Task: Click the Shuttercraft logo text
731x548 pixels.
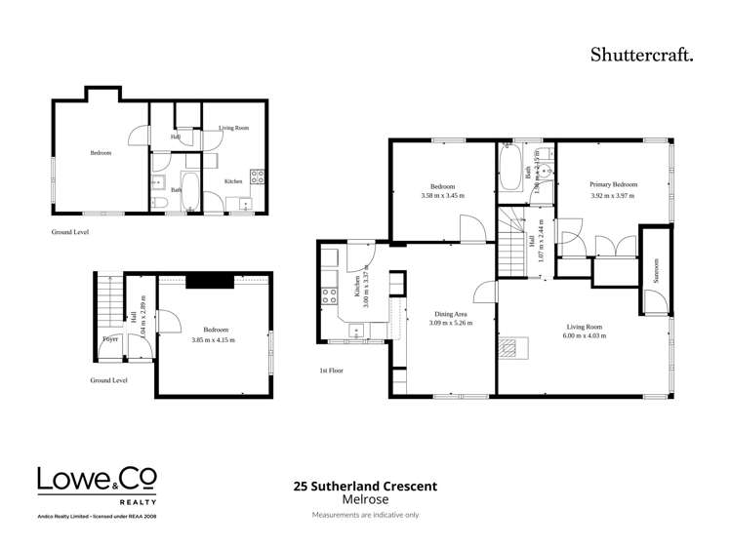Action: click(x=640, y=55)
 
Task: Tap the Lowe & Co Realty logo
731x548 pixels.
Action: click(x=96, y=485)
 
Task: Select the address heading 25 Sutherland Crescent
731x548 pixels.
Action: click(x=365, y=486)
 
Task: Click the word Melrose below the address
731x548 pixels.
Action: click(x=365, y=498)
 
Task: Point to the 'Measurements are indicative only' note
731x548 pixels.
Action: click(x=365, y=514)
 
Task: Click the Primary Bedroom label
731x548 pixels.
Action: click(x=613, y=184)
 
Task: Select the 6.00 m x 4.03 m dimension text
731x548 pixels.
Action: click(x=584, y=335)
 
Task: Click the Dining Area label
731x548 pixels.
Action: click(x=451, y=314)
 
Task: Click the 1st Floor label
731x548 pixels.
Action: click(x=330, y=371)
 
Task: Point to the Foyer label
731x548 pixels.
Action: click(x=109, y=339)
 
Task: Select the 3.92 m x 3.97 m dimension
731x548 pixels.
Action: click(x=613, y=195)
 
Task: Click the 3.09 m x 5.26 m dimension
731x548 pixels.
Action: click(x=451, y=324)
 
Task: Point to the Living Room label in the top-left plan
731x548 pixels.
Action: click(x=233, y=128)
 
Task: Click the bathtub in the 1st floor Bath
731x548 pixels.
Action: click(x=510, y=170)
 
